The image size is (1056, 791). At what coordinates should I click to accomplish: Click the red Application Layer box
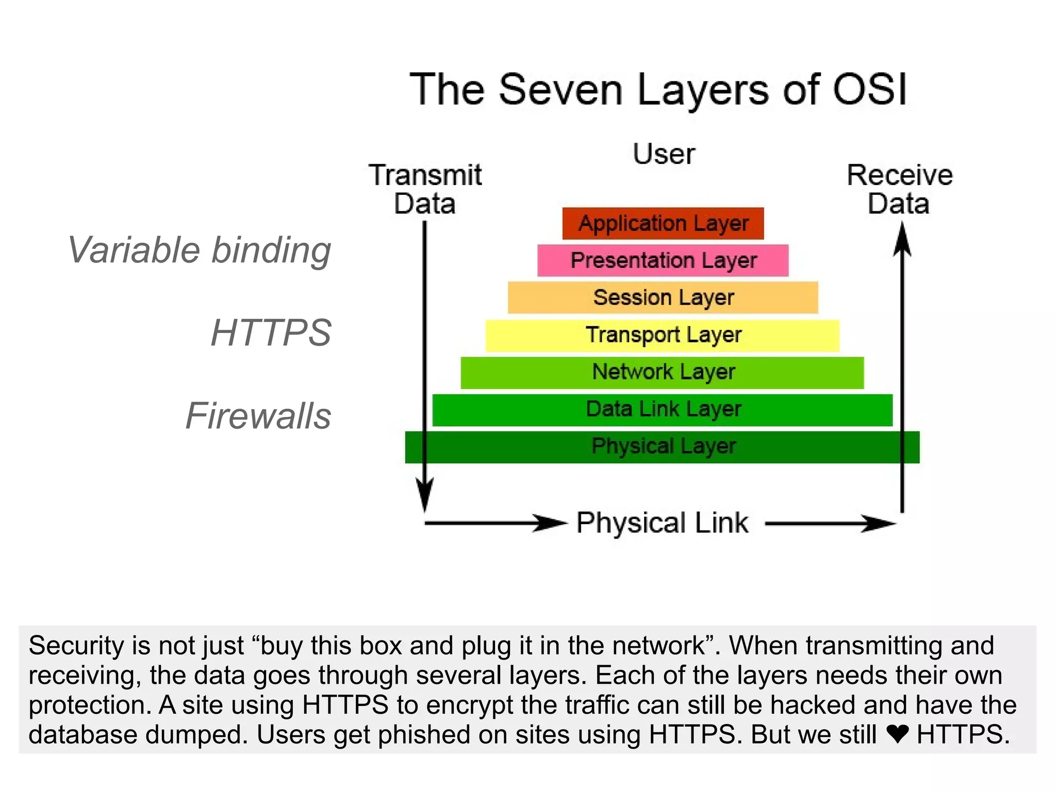click(x=663, y=223)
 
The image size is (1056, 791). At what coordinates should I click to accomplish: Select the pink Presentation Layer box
click(x=663, y=260)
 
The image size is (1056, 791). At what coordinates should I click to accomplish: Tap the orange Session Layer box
click(x=663, y=297)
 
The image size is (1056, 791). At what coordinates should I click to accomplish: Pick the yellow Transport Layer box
click(x=663, y=335)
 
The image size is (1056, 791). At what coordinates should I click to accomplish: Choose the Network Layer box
click(x=663, y=372)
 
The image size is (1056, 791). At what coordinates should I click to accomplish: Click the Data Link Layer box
click(x=663, y=409)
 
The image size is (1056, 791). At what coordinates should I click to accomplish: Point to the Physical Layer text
click(x=664, y=446)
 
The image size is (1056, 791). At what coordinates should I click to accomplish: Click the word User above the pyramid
click(x=664, y=154)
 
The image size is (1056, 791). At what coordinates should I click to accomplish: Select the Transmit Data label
click(x=425, y=189)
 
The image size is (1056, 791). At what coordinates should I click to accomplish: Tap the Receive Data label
click(x=899, y=189)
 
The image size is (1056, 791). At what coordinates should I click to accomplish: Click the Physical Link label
click(x=662, y=523)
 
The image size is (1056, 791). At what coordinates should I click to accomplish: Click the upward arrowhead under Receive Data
click(x=902, y=240)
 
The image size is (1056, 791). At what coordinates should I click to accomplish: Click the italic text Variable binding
click(x=200, y=250)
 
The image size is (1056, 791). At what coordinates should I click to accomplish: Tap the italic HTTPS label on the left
click(x=271, y=332)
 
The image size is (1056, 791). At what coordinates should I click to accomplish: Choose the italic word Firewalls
click(x=258, y=415)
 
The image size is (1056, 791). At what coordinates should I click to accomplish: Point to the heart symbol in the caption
click(x=897, y=734)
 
